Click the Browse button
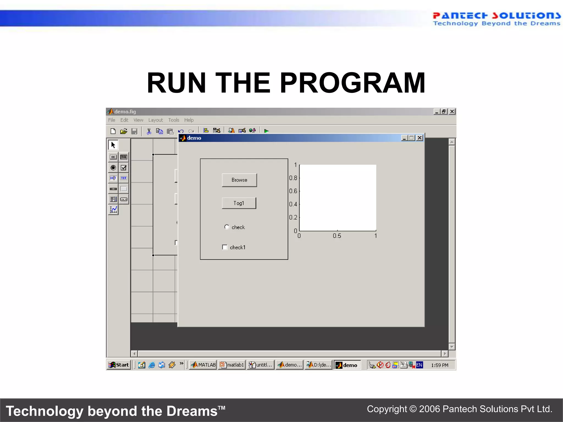pyautogui.click(x=239, y=180)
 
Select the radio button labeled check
pyautogui.click(x=227, y=227)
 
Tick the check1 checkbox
pyautogui.click(x=225, y=247)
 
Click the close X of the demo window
pyautogui.click(x=420, y=138)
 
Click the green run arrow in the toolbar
pyautogui.click(x=266, y=131)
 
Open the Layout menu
pyautogui.click(x=155, y=120)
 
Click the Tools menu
pyautogui.click(x=173, y=120)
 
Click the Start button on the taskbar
pyautogui.click(x=119, y=365)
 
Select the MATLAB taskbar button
pyautogui.click(x=203, y=365)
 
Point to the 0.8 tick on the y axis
pyautogui.click(x=293, y=178)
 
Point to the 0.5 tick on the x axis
pyautogui.click(x=337, y=236)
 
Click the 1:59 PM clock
pyautogui.click(x=439, y=365)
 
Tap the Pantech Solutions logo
pyautogui.click(x=496, y=19)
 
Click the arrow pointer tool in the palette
pyautogui.click(x=113, y=145)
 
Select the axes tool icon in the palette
pyautogui.click(x=113, y=210)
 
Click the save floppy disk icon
pyautogui.click(x=134, y=131)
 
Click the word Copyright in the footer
pyautogui.click(x=387, y=409)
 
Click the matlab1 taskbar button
pyautogui.click(x=232, y=365)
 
